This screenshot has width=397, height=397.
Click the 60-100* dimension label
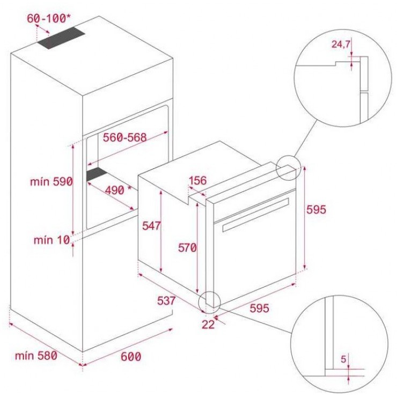click(x=49, y=18)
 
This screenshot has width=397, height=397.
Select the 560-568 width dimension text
click(x=125, y=137)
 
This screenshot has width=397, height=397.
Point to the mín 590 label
click(x=52, y=181)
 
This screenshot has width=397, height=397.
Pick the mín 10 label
click(x=52, y=240)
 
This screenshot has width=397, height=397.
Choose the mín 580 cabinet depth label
click(x=36, y=356)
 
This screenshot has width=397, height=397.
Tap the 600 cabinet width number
click(x=131, y=356)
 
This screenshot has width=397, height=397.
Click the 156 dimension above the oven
click(x=198, y=180)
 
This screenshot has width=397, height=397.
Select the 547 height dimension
click(x=151, y=225)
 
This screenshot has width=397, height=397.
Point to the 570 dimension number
click(x=187, y=248)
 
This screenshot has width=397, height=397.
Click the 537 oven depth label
click(x=166, y=301)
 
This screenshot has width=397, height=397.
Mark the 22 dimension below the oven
click(x=208, y=324)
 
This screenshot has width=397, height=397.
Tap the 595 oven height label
click(x=316, y=209)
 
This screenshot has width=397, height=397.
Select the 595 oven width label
click(x=260, y=308)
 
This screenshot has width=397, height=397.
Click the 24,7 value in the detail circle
click(x=341, y=44)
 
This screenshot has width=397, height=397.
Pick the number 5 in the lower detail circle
click(x=343, y=359)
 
